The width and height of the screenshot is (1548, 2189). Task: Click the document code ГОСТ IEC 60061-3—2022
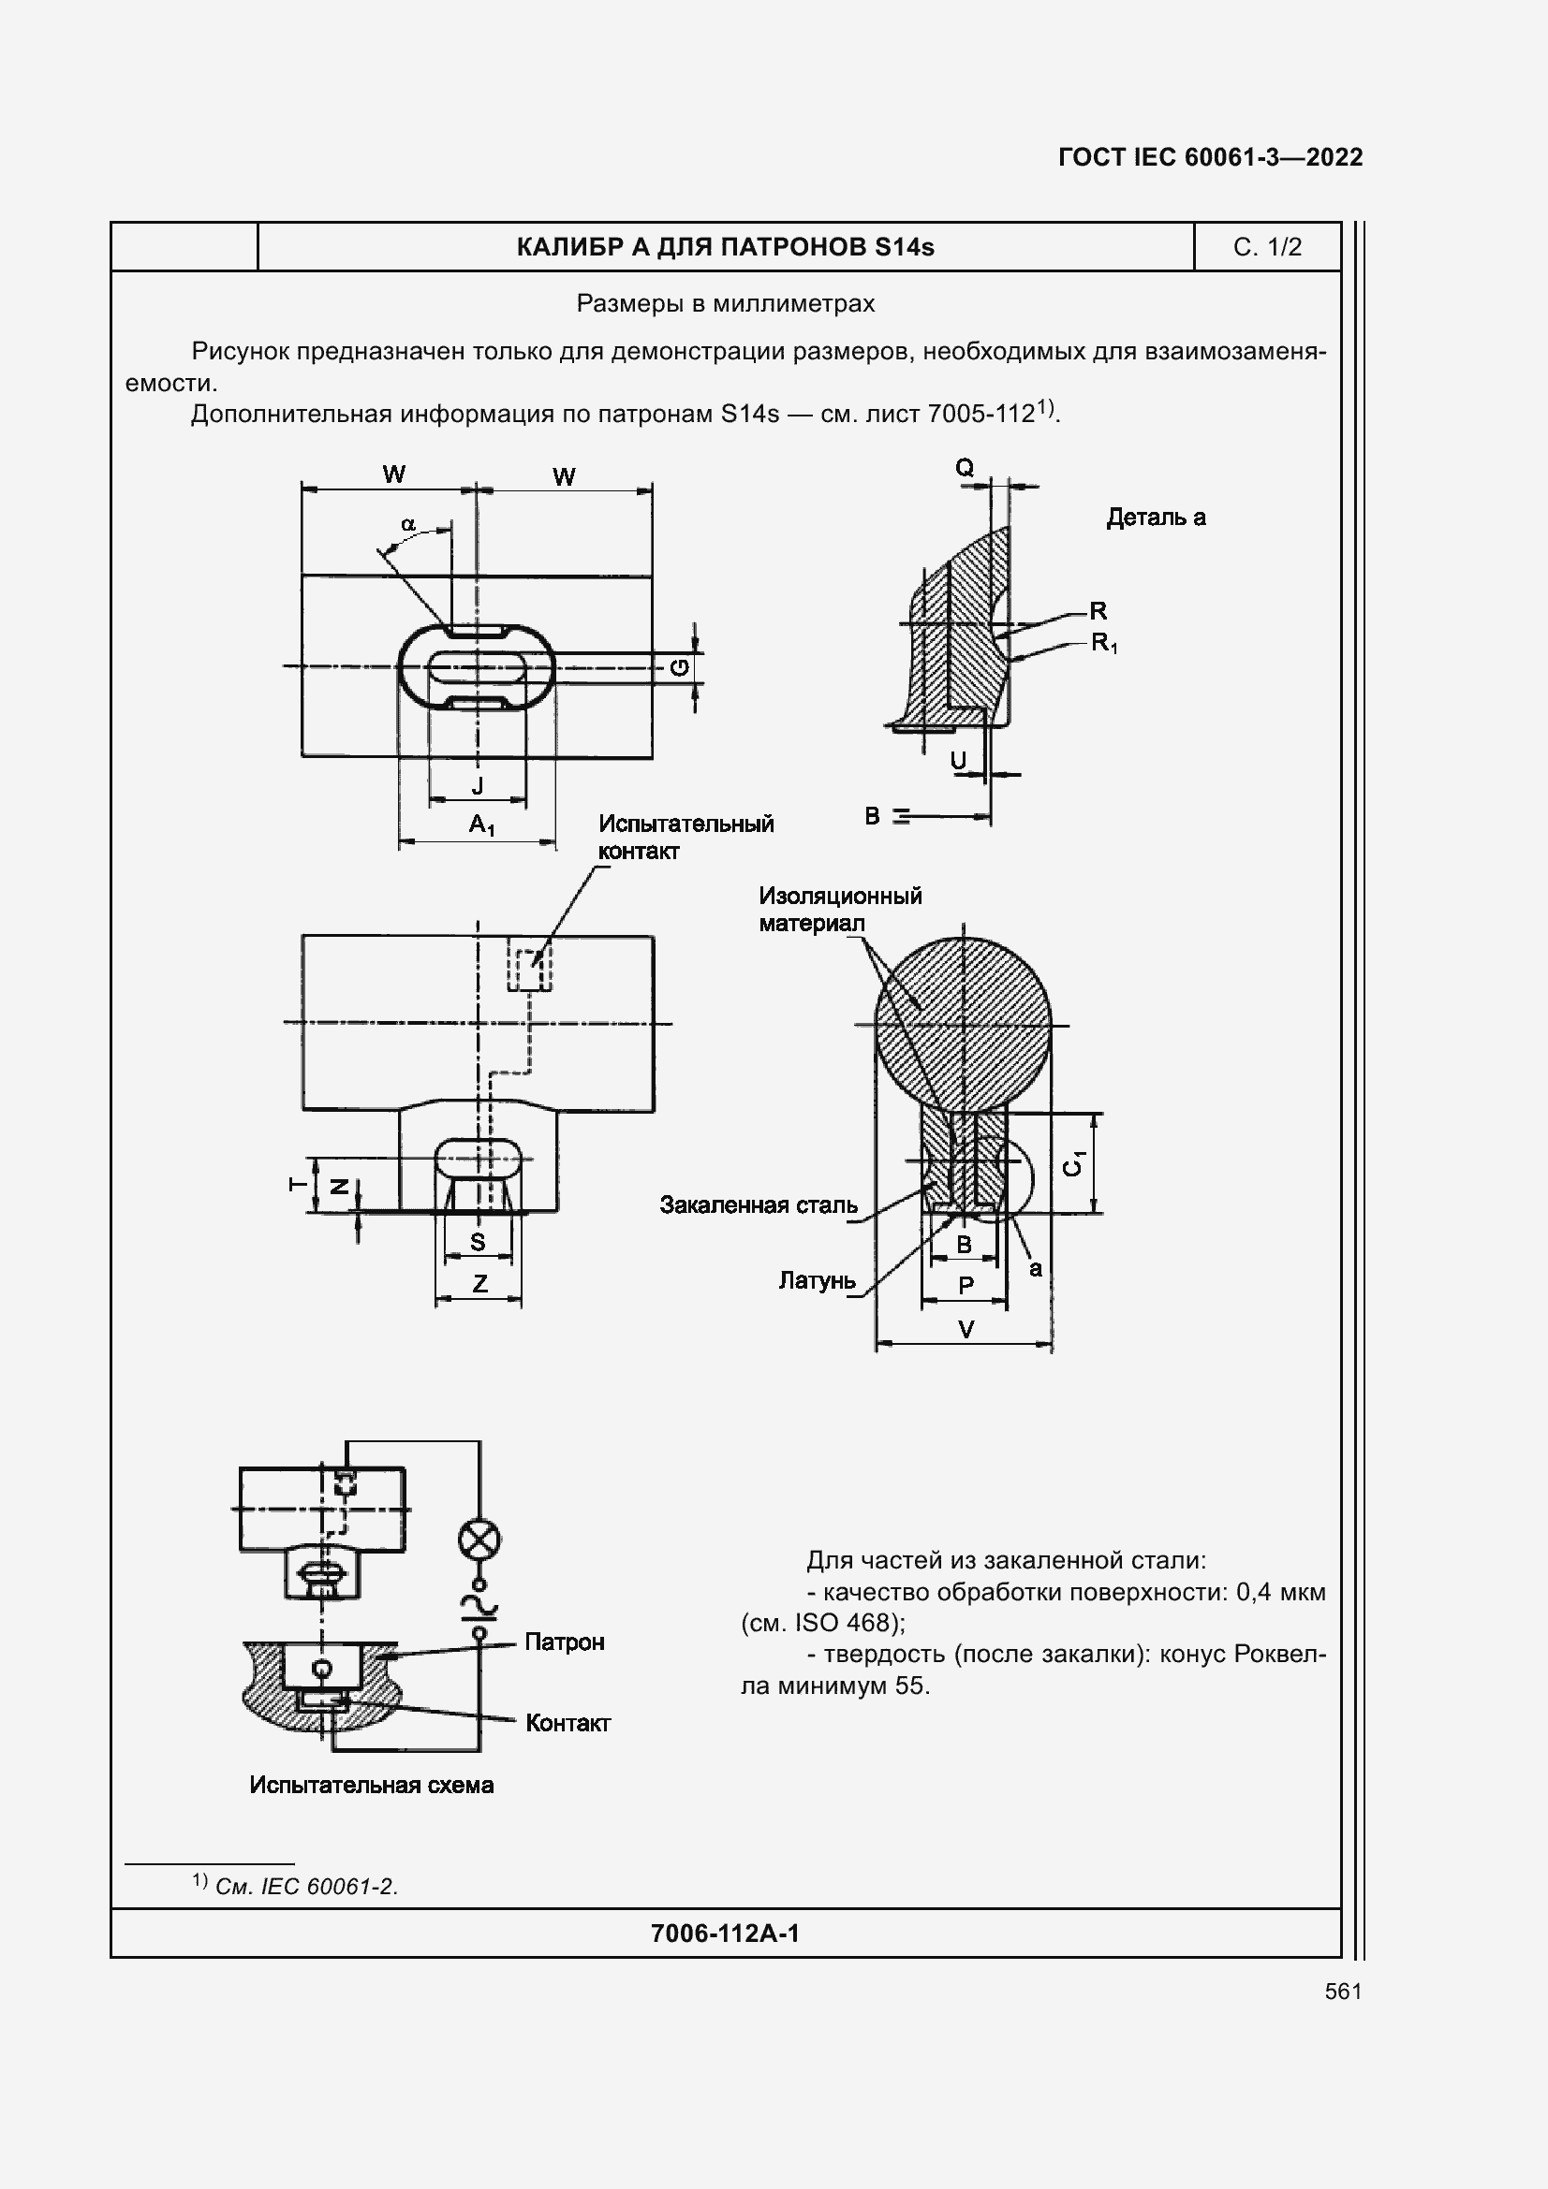(1209, 157)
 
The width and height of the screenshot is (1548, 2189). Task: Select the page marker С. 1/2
(1267, 248)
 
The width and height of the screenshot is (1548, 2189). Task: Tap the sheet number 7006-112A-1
(725, 1933)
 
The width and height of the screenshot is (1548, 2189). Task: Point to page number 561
(1343, 1991)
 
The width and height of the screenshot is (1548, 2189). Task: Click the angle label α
(408, 524)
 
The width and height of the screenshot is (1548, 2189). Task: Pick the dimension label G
(680, 667)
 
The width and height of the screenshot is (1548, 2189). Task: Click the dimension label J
(478, 786)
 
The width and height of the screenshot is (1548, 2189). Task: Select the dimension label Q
(965, 467)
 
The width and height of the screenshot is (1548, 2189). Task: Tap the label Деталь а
(1155, 518)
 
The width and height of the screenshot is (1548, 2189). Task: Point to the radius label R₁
(1103, 644)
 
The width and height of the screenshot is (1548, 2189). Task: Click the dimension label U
(959, 760)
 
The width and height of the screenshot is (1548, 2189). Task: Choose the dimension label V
(966, 1329)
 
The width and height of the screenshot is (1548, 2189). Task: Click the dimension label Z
(479, 1283)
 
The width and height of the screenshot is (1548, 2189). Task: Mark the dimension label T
(298, 1184)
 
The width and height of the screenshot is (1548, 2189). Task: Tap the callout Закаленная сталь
(759, 1205)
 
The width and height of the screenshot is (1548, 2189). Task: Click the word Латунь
(817, 1280)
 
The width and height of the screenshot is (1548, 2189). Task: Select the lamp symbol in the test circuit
(479, 1540)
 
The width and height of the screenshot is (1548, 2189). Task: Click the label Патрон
(564, 1642)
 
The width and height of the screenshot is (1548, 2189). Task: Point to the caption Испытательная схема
(371, 1785)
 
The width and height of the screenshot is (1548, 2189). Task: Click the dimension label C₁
(1074, 1163)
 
